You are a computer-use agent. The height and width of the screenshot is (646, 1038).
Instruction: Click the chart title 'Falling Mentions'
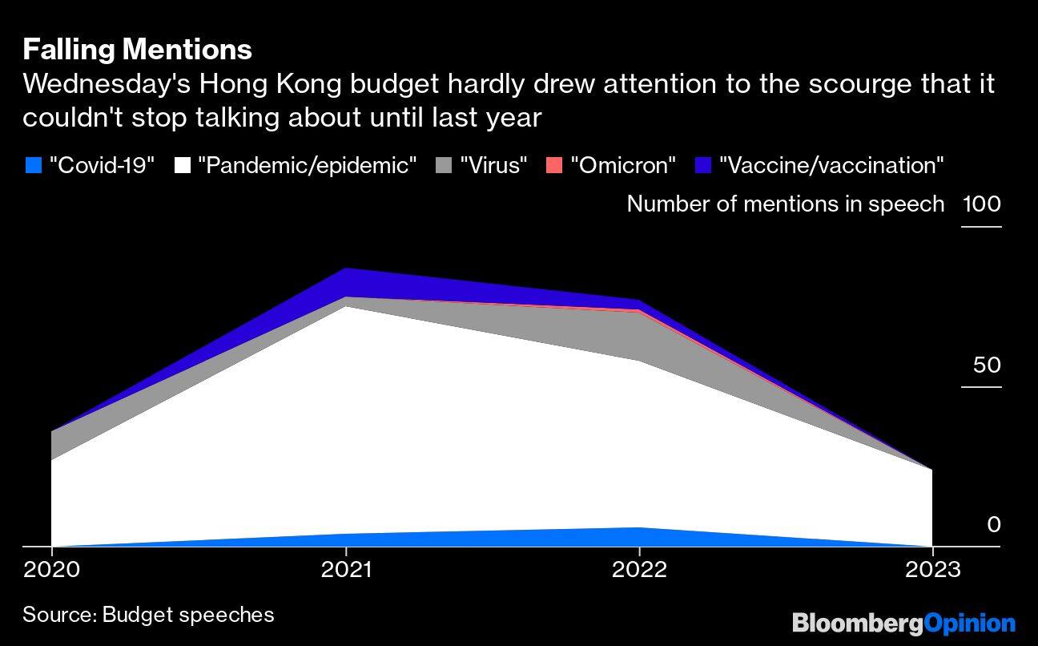coord(137,50)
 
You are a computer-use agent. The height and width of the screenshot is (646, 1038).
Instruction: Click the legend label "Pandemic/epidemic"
coord(307,166)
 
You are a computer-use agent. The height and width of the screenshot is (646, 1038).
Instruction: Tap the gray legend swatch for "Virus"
coord(445,166)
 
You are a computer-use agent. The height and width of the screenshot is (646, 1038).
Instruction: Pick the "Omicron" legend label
coord(623,166)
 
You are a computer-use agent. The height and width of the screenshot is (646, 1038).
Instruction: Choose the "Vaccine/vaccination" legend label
coord(831,166)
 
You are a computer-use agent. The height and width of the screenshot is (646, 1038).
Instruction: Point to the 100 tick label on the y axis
coord(981,204)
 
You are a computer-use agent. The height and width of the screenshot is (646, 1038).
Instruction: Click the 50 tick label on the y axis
coord(987,365)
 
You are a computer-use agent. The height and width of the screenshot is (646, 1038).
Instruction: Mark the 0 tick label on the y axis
coord(993,525)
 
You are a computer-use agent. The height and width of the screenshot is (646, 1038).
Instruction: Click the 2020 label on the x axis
coord(52,570)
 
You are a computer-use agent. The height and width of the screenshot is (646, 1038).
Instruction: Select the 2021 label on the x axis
coord(346,570)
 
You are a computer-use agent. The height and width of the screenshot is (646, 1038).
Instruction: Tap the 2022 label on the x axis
coord(639,570)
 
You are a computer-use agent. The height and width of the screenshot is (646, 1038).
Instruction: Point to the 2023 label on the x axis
coord(932,570)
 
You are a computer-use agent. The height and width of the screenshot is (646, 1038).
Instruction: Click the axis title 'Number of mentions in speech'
coord(785,204)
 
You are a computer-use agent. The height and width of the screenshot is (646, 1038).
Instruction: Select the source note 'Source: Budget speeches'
coord(148,615)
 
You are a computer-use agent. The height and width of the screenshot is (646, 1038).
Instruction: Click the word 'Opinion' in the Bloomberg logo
coord(969,623)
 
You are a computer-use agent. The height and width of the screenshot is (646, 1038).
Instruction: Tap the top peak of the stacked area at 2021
coord(346,268)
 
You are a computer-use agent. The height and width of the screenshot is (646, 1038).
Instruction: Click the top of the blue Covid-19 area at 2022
coord(639,527)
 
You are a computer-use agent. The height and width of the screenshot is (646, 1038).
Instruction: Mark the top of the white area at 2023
coord(931,470)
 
